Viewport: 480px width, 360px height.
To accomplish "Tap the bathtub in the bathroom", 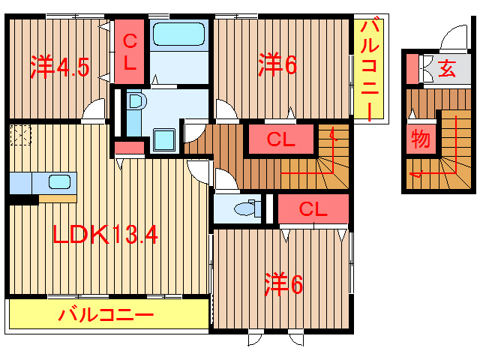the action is [178, 34].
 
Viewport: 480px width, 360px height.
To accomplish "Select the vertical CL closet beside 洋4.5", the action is [130, 52].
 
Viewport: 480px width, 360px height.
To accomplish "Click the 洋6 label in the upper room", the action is [278, 64].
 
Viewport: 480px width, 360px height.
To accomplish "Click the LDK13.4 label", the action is [104, 236].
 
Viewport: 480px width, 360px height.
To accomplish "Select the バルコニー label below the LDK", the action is [106, 315].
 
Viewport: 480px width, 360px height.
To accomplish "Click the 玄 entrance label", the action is [446, 70].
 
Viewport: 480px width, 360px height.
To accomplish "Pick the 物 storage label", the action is [420, 139].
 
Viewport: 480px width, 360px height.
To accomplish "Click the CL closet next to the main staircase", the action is [280, 139].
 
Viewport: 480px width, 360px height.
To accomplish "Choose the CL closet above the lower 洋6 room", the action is [313, 209].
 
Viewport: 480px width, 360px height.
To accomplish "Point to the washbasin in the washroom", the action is [135, 103].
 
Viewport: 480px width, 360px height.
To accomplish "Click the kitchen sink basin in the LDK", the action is [59, 181].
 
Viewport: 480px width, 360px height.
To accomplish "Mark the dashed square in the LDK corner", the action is [19, 136].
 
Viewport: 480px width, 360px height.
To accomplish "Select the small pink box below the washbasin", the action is [129, 148].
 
